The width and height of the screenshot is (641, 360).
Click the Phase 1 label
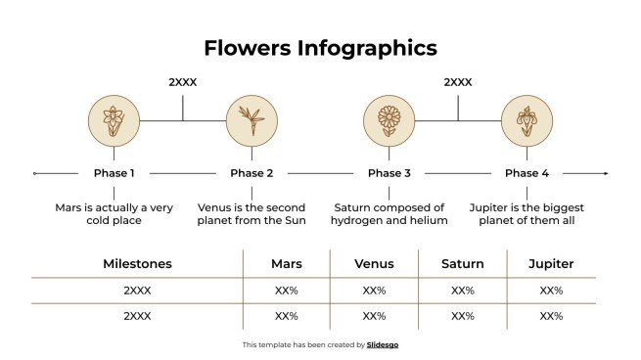(114, 173)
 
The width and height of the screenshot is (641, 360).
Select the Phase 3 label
(389, 173)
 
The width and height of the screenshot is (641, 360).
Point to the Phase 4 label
(527, 173)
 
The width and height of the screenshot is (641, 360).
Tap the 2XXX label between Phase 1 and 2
(183, 82)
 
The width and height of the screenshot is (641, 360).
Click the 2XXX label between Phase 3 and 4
(458, 82)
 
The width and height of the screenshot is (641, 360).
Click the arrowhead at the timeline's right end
(605, 173)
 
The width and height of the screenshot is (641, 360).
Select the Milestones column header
(137, 264)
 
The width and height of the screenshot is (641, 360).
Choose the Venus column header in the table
(374, 264)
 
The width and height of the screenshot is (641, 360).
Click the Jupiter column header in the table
(551, 264)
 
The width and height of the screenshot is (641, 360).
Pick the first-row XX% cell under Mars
(286, 291)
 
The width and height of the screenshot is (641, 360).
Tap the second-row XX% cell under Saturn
(462, 316)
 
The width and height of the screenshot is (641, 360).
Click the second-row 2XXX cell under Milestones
(137, 316)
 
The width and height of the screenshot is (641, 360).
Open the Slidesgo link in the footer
(383, 345)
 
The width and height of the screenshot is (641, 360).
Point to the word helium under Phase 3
(430, 221)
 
